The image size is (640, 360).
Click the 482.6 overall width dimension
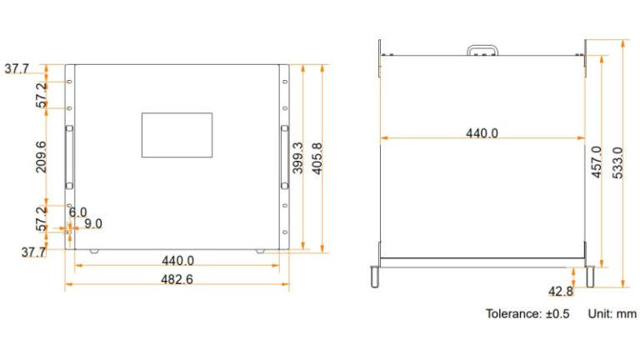click(x=177, y=280)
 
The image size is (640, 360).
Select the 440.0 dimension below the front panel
click(x=177, y=260)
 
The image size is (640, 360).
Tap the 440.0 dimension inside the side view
click(x=482, y=132)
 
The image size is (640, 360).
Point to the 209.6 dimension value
click(x=41, y=157)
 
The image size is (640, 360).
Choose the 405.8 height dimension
click(x=317, y=157)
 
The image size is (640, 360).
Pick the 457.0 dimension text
click(x=596, y=162)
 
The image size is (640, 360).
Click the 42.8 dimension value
click(x=560, y=291)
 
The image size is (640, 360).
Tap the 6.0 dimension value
click(x=77, y=212)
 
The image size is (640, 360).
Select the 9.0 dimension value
click(x=93, y=223)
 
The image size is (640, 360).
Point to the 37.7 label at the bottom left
click(x=34, y=252)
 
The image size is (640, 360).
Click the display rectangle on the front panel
click(x=177, y=135)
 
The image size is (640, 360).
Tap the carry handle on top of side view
click(x=482, y=51)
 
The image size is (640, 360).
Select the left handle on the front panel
click(x=70, y=157)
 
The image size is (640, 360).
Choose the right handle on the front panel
click(x=283, y=157)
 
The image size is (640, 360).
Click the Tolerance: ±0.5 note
click(x=527, y=314)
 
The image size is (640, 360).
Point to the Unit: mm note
click(x=612, y=314)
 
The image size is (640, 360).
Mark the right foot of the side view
click(x=590, y=276)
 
